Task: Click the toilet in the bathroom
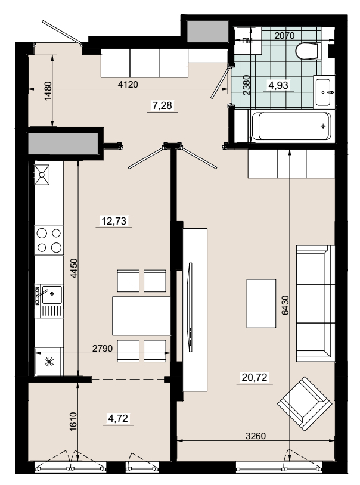coord(307,51)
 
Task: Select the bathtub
coord(291,126)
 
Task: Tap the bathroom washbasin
coord(324,92)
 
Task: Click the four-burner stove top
coord(49,240)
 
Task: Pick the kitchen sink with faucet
coord(49,301)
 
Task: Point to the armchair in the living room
coord(305,403)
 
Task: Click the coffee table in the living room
coord(261,303)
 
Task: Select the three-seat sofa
coord(315,303)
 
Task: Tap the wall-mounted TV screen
coord(191,307)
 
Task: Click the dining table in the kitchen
coord(141,316)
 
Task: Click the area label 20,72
coord(255,377)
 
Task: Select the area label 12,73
coord(114,221)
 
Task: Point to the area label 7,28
coord(162,106)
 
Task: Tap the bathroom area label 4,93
coord(278,85)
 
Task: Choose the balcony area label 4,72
coord(118,418)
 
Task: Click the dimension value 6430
coord(285,305)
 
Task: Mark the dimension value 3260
coord(256,436)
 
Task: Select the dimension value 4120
coord(128,84)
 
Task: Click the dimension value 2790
coord(103,349)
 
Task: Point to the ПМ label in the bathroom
coord(247,41)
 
